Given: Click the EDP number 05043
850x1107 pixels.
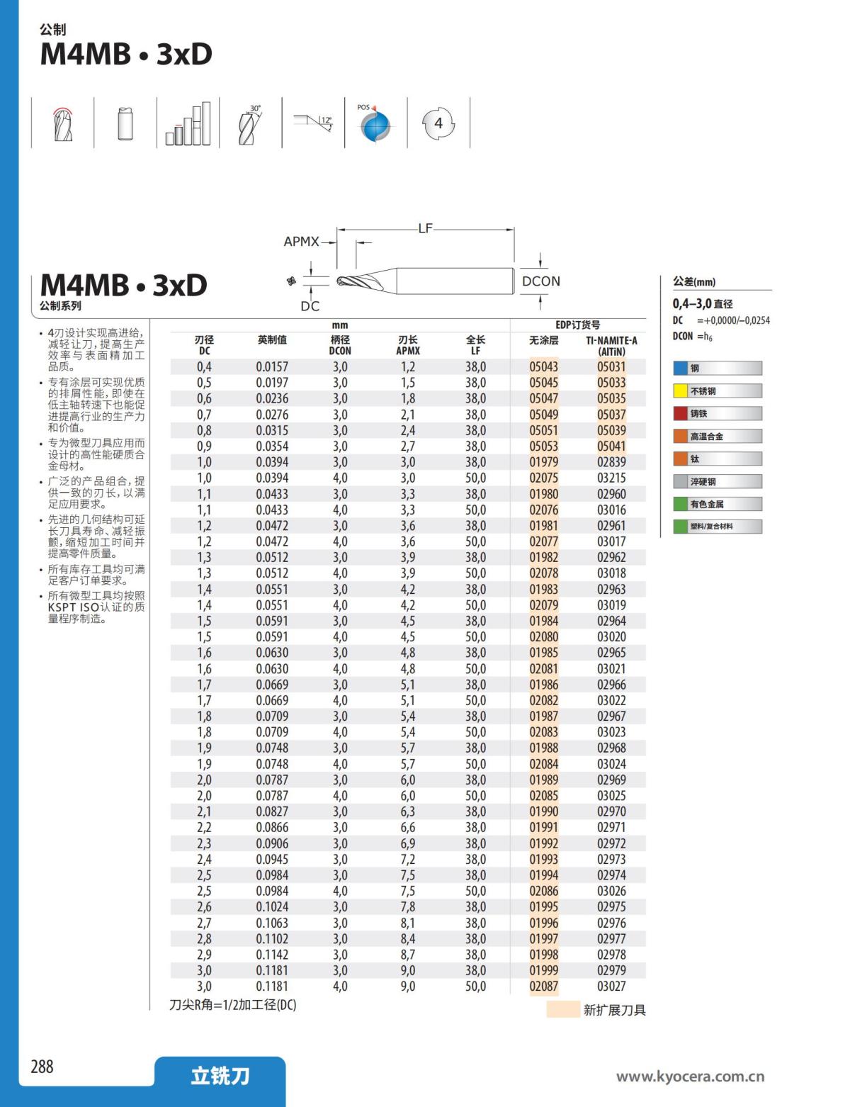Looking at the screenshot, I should tap(543, 367).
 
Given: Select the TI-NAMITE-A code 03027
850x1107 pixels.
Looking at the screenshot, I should tap(611, 987).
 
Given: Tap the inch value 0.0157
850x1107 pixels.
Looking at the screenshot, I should tap(272, 367).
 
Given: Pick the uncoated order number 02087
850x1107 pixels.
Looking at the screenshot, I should tap(543, 987).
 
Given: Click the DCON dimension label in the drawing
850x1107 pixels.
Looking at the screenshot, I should tap(540, 281).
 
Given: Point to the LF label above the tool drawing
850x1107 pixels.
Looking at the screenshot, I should tap(425, 228).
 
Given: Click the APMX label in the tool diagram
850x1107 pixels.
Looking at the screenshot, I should tap(301, 242).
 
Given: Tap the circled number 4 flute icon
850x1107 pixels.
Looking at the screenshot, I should tap(438, 123).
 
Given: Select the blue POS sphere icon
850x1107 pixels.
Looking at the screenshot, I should tap(375, 126).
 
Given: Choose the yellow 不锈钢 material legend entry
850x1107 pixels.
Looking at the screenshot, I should tap(717, 391).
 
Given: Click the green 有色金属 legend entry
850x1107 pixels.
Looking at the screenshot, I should tap(717, 505).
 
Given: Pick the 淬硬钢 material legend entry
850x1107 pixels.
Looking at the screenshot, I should tap(717, 482).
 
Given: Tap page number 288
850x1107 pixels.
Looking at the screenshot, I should tap(42, 1067).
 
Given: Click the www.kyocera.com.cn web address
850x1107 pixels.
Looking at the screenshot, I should tap(690, 1077).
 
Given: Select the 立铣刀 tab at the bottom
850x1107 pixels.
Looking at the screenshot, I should tap(220, 1077).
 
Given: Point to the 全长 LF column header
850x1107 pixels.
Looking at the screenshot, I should tap(475, 345).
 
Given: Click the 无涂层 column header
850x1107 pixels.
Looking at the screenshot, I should tap(543, 341).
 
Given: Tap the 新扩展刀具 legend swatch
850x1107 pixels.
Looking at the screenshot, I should tap(563, 1009).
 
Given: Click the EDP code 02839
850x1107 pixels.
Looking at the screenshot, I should tap(611, 462).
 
